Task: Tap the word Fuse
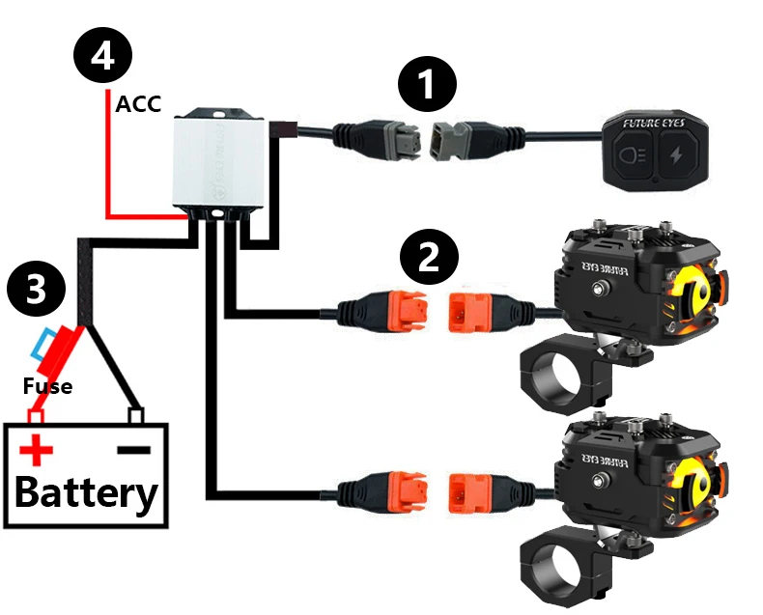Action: [47, 387]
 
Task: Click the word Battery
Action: [86, 493]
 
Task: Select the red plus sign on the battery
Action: [38, 450]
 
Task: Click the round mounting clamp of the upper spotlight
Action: [558, 372]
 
